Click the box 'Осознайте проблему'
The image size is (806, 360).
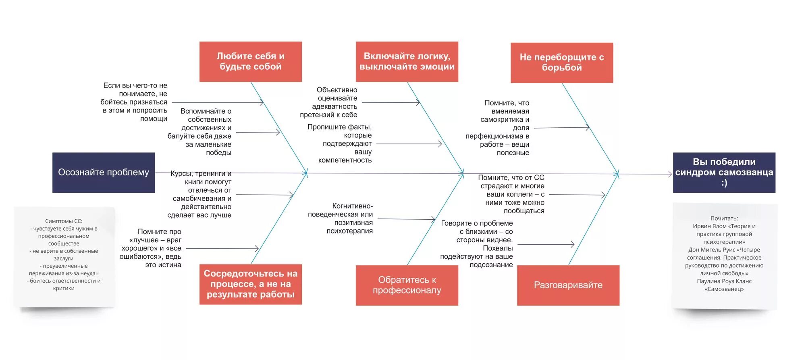tap(104, 173)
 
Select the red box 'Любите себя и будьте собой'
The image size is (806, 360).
tap(250, 62)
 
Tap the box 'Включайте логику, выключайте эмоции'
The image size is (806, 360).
tap(407, 62)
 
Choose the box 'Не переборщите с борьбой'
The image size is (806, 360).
tap(562, 62)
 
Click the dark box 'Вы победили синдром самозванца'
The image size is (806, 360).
tap(724, 173)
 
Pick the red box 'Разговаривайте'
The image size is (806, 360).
tap(568, 285)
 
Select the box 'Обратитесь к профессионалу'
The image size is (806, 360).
tap(407, 285)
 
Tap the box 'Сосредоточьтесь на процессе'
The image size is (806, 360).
tap(250, 284)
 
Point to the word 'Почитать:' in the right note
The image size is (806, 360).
tap(724, 218)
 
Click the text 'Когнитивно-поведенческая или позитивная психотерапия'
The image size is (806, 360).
tap(341, 218)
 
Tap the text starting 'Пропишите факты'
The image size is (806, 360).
tap(340, 144)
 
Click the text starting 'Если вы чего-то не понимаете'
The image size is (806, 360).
tap(134, 102)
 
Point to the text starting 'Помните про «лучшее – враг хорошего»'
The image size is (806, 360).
tap(151, 248)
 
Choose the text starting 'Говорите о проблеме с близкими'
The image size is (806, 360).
tap(477, 244)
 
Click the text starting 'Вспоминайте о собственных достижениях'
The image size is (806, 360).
tap(200, 132)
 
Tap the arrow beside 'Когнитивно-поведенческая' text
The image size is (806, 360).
tap(406, 219)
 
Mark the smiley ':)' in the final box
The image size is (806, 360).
tap(724, 183)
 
